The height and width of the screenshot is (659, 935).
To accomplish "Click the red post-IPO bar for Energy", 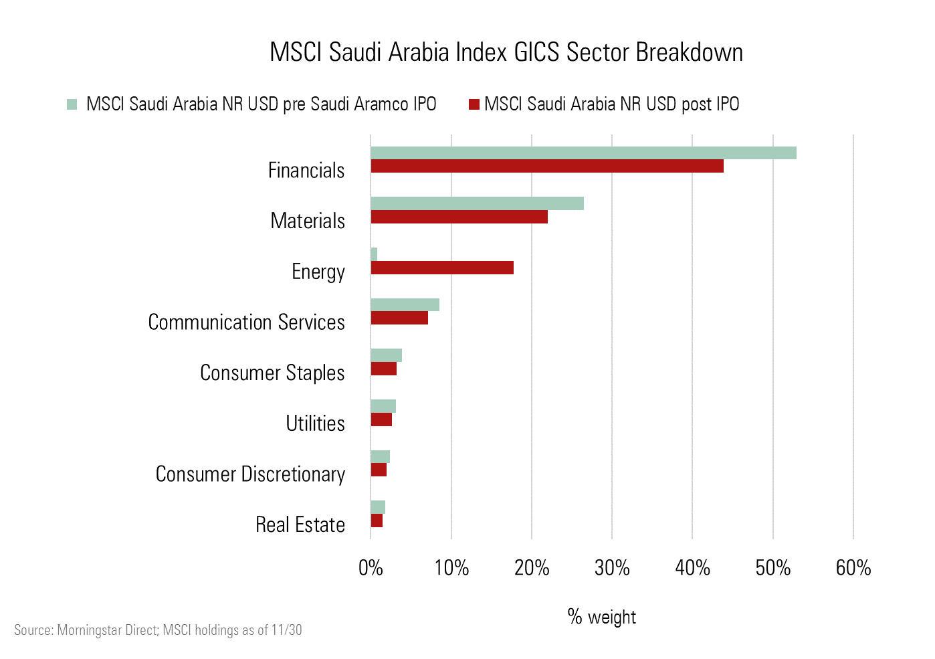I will pos(442,268).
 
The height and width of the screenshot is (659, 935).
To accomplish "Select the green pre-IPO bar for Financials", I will pos(583,153).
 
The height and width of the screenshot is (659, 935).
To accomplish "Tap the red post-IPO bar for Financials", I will pos(547,166).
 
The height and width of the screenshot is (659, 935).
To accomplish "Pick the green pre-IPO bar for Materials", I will pos(477,203).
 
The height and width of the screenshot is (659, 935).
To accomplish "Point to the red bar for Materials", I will pos(459,217).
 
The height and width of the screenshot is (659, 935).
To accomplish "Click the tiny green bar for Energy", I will pos(374,254).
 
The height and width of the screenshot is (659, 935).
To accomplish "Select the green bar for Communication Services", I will pos(405,304).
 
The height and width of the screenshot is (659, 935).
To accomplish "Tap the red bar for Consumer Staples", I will pos(384,369).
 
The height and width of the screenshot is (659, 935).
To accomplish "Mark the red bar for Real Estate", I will pos(377,521).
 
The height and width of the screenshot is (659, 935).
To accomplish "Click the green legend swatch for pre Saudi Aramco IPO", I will pos(72,104).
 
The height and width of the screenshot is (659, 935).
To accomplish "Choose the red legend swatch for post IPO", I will pos(474,104).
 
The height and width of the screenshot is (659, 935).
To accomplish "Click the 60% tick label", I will pos(853,568).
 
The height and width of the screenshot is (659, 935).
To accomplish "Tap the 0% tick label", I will pos(371,568).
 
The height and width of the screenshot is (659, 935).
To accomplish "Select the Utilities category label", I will pos(315,423).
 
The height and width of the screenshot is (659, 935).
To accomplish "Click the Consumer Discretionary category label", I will pos(250,474).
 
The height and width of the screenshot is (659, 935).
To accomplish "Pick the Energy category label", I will pos(318,272).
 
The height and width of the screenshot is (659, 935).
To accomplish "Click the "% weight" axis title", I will pos(601,617).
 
